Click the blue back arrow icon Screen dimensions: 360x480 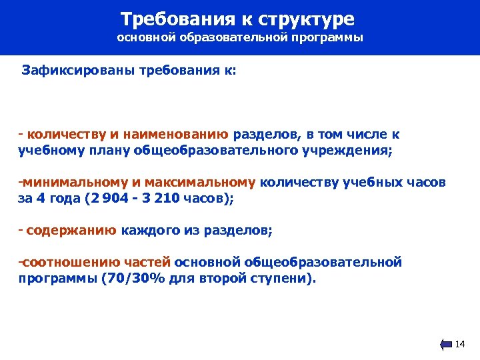click(446, 345)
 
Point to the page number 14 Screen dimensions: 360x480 click(459, 345)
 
